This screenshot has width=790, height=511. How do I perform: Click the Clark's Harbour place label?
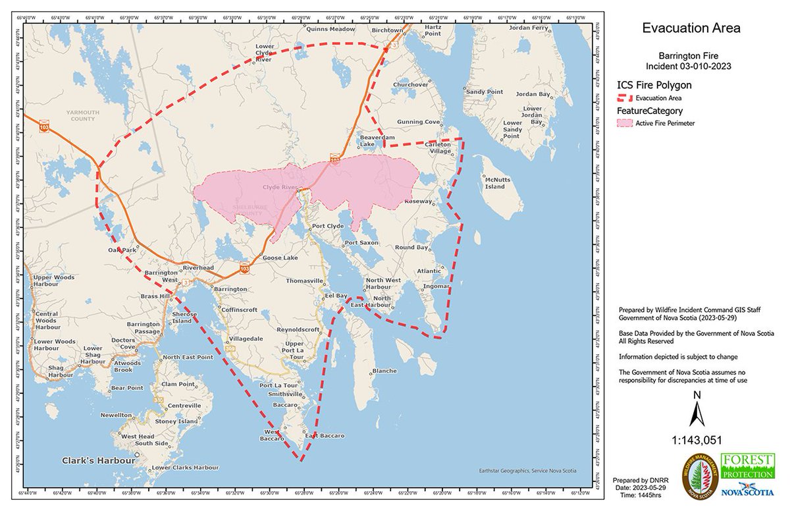click(x=99, y=460)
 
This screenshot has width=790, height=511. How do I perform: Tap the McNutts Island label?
click(x=495, y=182)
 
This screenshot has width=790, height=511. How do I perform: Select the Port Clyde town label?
click(x=327, y=226)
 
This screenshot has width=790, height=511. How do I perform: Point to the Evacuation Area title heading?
click(x=691, y=28)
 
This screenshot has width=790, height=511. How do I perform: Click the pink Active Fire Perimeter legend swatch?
click(x=625, y=123)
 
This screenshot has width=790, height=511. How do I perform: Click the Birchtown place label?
click(x=386, y=30)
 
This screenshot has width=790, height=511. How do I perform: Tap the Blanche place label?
click(x=384, y=371)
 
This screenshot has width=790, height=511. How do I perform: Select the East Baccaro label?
click(x=324, y=436)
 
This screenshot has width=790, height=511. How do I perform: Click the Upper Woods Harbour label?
click(x=54, y=281)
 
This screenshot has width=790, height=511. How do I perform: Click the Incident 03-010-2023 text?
click(x=689, y=67)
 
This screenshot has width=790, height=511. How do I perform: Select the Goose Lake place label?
click(x=280, y=258)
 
